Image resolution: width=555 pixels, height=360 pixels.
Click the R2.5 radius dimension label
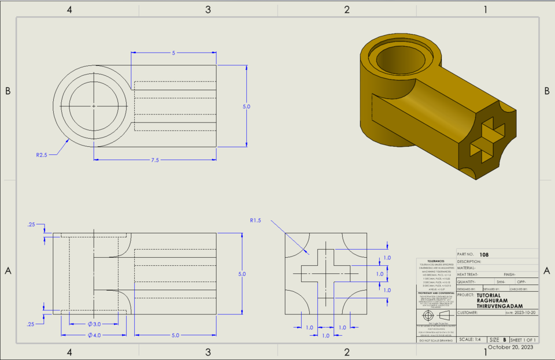coord(41,155)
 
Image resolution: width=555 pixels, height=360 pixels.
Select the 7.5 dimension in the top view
coord(154,160)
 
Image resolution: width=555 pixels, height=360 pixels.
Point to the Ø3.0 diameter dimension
coord(94,324)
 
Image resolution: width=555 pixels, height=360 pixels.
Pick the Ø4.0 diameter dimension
coord(94,335)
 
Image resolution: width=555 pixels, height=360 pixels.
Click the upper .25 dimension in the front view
coord(31,225)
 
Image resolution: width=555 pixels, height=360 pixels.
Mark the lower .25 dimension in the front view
coord(31,324)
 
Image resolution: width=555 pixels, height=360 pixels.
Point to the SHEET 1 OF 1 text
coord(523,340)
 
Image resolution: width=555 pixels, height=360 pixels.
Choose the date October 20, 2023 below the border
coord(510,347)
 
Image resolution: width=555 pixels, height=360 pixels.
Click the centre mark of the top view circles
coord(94,106)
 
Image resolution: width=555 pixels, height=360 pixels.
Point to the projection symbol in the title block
coord(435,316)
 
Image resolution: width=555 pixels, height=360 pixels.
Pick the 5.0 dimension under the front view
coord(175,335)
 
